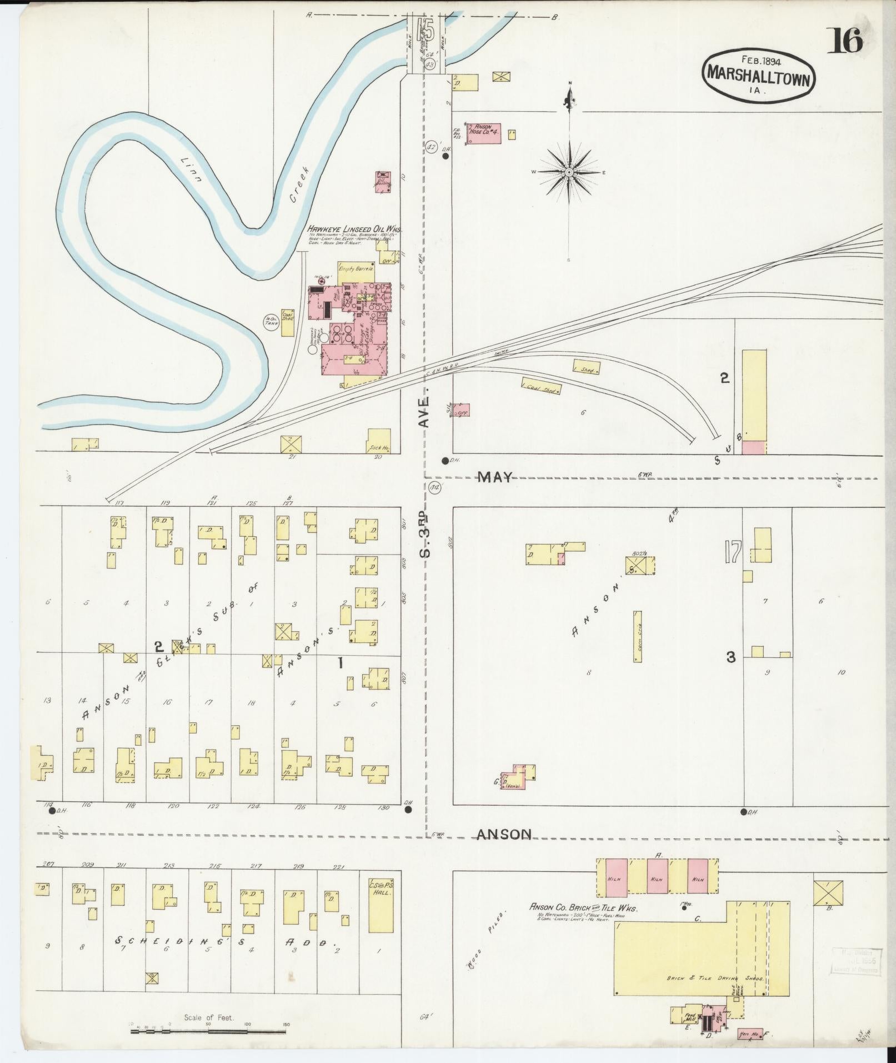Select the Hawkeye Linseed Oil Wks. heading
tap(356, 229)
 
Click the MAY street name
tap(496, 477)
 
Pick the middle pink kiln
tap(657, 879)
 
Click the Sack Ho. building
tap(379, 441)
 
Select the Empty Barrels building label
tap(356, 268)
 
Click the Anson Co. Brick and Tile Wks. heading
tap(583, 908)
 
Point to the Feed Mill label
tap(690, 1017)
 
